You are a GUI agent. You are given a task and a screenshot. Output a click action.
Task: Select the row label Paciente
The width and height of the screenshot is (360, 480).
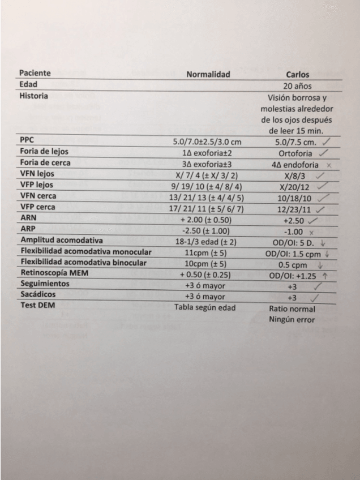pos(35,73)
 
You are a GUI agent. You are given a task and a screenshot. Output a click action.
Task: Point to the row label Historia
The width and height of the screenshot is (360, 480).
pos(33,96)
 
